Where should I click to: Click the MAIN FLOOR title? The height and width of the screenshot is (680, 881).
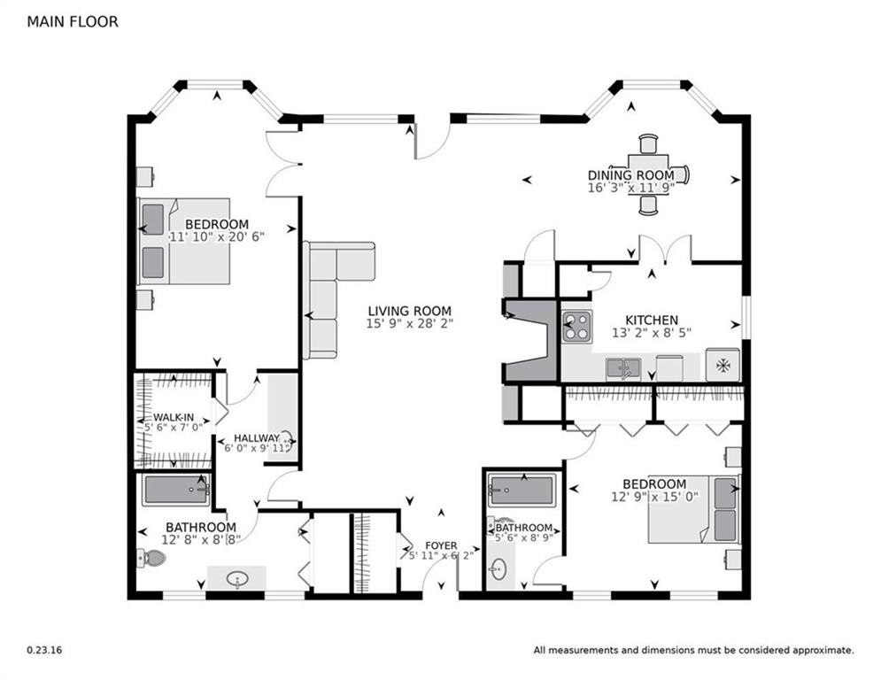tap(73, 22)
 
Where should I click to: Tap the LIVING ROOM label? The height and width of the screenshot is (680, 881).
tap(410, 311)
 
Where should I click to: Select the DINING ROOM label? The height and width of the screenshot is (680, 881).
tap(631, 175)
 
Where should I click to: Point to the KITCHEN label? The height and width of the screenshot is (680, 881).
tap(652, 321)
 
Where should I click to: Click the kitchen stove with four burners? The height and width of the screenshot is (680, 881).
tap(577, 327)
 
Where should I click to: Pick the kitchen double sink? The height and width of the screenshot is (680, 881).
tap(623, 369)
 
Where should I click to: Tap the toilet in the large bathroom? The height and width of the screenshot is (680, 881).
tap(151, 558)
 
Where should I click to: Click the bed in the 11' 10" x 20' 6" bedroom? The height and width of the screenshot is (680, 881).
tap(184, 241)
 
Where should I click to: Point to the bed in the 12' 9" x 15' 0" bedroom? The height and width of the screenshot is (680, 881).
tap(694, 510)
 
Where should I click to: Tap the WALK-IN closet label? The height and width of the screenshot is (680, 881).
tap(174, 418)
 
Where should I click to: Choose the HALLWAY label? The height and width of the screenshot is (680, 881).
tap(256, 437)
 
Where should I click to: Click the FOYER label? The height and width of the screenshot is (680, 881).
tap(441, 545)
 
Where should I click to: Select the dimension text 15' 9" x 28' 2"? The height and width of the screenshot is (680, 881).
tap(410, 324)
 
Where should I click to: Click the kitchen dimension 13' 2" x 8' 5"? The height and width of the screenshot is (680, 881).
tap(652, 333)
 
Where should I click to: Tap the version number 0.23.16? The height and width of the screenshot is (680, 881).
tap(44, 650)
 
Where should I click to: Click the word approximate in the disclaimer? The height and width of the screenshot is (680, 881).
tap(823, 651)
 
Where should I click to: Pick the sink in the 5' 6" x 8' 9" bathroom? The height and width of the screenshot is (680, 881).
tap(498, 569)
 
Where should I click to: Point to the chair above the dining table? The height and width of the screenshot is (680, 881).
tap(648, 143)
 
